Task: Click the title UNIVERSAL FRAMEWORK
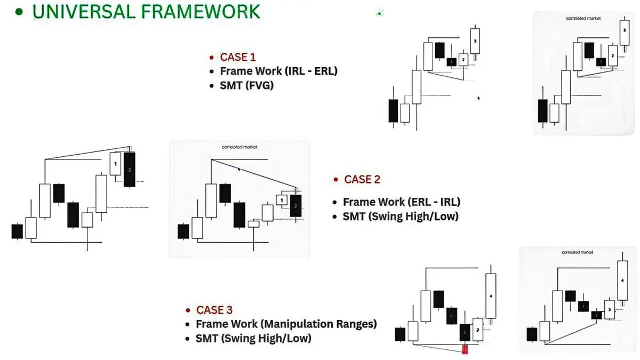click(146, 11)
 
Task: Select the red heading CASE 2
click(362, 180)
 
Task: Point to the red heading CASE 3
click(214, 310)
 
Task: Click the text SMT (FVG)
click(246, 84)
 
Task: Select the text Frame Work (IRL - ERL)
click(278, 71)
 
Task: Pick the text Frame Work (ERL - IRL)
click(401, 202)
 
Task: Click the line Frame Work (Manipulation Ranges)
click(286, 324)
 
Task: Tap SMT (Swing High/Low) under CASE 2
click(401, 217)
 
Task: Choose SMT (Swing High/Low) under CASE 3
click(253, 338)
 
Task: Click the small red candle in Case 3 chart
click(465, 349)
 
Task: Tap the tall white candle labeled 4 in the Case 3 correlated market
click(622, 280)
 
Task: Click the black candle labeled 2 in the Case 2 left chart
click(130, 170)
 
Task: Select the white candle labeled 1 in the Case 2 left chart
click(115, 163)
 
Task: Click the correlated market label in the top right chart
click(583, 19)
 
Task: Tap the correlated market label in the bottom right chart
click(578, 252)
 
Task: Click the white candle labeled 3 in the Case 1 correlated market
click(625, 31)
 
